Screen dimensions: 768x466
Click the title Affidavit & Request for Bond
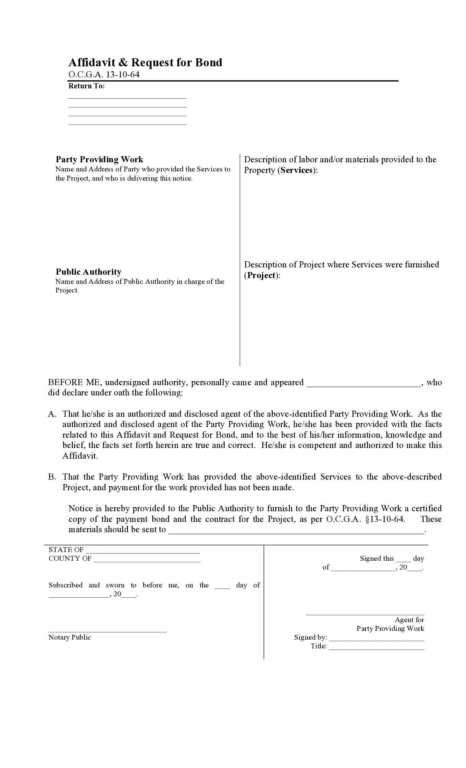(145, 62)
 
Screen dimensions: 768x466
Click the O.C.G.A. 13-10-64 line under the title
(104, 75)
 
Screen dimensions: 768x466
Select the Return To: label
(86, 86)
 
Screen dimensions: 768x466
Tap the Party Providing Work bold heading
(99, 159)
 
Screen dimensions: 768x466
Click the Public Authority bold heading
(88, 272)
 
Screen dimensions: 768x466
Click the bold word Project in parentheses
(262, 275)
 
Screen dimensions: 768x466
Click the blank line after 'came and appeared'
(364, 386)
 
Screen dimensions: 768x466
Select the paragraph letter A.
(52, 414)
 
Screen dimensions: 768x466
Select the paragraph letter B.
(52, 477)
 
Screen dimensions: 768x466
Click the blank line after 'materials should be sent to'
(296, 533)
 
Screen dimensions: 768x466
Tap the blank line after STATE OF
(143, 552)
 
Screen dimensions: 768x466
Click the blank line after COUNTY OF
(147, 561)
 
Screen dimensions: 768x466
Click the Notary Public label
(70, 637)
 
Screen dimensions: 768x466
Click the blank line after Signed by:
(376, 640)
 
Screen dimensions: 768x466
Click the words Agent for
(409, 620)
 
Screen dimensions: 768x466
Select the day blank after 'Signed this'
(403, 561)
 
